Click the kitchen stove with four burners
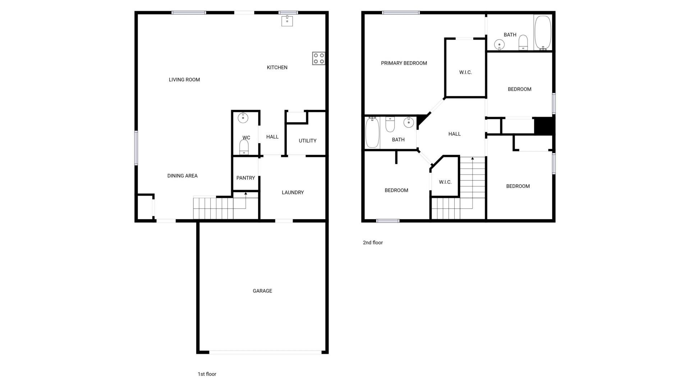(318, 59)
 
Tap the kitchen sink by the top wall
(287, 21)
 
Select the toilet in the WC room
(244, 147)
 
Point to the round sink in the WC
(243, 117)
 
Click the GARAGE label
(262, 291)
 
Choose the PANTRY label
(245, 178)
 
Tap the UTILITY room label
(308, 141)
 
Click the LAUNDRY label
(293, 193)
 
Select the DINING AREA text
(182, 176)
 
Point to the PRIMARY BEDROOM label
(404, 63)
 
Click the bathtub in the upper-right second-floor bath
(542, 32)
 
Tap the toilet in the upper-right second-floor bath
(523, 42)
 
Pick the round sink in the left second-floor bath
(409, 123)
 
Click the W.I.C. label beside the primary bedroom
(465, 73)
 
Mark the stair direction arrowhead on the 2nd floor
(473, 158)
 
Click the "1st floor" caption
(207, 374)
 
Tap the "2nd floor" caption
(373, 242)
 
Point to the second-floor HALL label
(454, 134)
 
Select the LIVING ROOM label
(184, 80)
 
